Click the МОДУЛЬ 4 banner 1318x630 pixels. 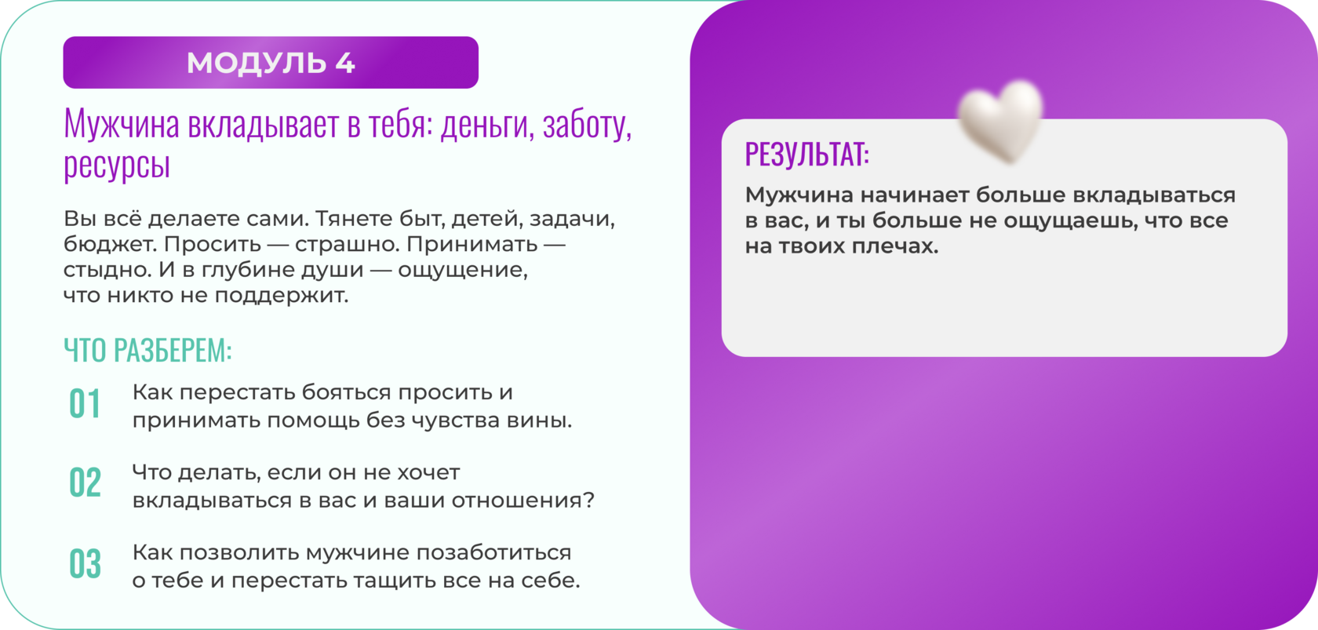coord(271,62)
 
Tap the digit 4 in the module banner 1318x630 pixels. coord(345,63)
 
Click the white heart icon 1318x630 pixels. coord(1000,121)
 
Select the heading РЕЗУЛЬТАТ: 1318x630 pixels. coord(806,154)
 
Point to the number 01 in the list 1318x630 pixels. coord(85,404)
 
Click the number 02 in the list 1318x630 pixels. coord(85,483)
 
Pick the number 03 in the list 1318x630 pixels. coord(85,563)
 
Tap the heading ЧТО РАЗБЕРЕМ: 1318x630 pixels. coord(147,350)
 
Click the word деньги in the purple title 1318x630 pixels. coord(487,125)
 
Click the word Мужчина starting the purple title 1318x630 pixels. coord(121,125)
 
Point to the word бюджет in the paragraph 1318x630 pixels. coord(110,244)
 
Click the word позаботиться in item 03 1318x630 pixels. coord(493,553)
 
